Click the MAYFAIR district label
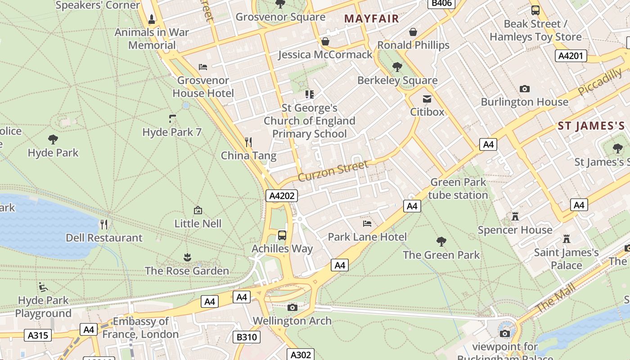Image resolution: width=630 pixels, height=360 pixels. point(371,18)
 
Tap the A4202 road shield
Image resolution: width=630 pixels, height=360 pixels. point(282,196)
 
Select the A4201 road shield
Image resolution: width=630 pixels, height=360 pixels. point(571,56)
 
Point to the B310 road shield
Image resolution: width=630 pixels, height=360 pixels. point(247,337)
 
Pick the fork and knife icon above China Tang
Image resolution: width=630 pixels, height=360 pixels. point(248,142)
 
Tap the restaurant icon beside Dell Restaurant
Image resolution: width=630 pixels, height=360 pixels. point(104,224)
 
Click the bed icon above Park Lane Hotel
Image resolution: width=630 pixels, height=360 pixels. point(367,223)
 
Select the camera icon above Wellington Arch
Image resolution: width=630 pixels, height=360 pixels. point(292,307)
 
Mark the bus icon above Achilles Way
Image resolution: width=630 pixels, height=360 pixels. point(282,235)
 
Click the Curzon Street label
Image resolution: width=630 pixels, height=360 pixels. point(333,171)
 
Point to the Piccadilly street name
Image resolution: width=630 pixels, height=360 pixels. point(600,81)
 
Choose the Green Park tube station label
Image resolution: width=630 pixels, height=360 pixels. point(458,189)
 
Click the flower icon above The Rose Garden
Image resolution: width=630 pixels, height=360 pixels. point(187,257)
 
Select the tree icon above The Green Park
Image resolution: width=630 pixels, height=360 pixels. point(441,242)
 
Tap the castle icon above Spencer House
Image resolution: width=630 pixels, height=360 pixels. point(515,216)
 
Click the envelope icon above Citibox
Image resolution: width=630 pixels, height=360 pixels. point(427,99)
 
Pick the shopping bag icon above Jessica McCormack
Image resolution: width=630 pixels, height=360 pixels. point(325,41)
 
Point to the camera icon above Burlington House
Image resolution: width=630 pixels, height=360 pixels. point(524,89)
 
